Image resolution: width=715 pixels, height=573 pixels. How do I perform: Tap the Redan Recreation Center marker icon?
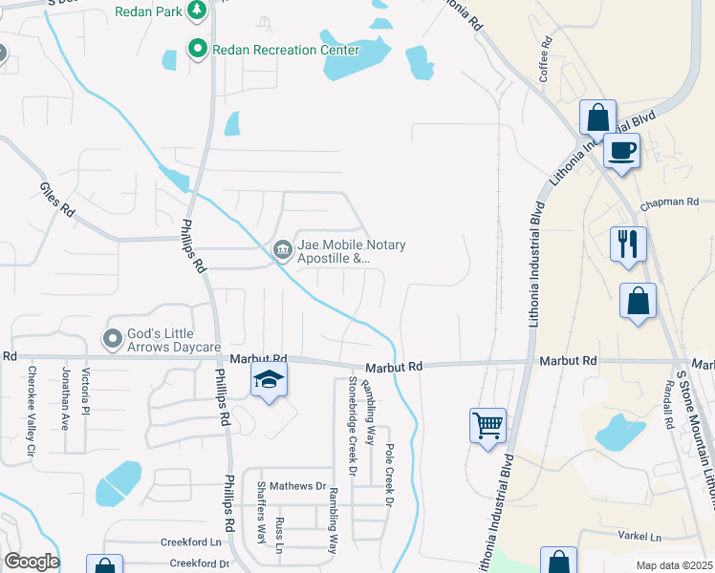pos(198,49)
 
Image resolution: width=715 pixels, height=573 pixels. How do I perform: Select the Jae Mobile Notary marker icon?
pos(282,250)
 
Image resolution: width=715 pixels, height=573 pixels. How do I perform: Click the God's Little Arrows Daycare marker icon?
pos(113,338)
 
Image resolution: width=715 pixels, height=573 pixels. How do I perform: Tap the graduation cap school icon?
pos(270,381)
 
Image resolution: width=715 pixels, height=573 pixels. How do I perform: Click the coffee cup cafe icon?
pos(621,150)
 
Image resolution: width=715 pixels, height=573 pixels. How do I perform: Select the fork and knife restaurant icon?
pos(628,243)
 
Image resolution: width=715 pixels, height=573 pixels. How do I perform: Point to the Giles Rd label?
pos(56,198)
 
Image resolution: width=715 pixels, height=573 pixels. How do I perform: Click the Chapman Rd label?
pos(677,203)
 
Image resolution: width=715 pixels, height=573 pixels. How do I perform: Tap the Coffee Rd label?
pos(546,58)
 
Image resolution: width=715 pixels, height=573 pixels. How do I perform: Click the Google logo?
pos(32,562)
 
